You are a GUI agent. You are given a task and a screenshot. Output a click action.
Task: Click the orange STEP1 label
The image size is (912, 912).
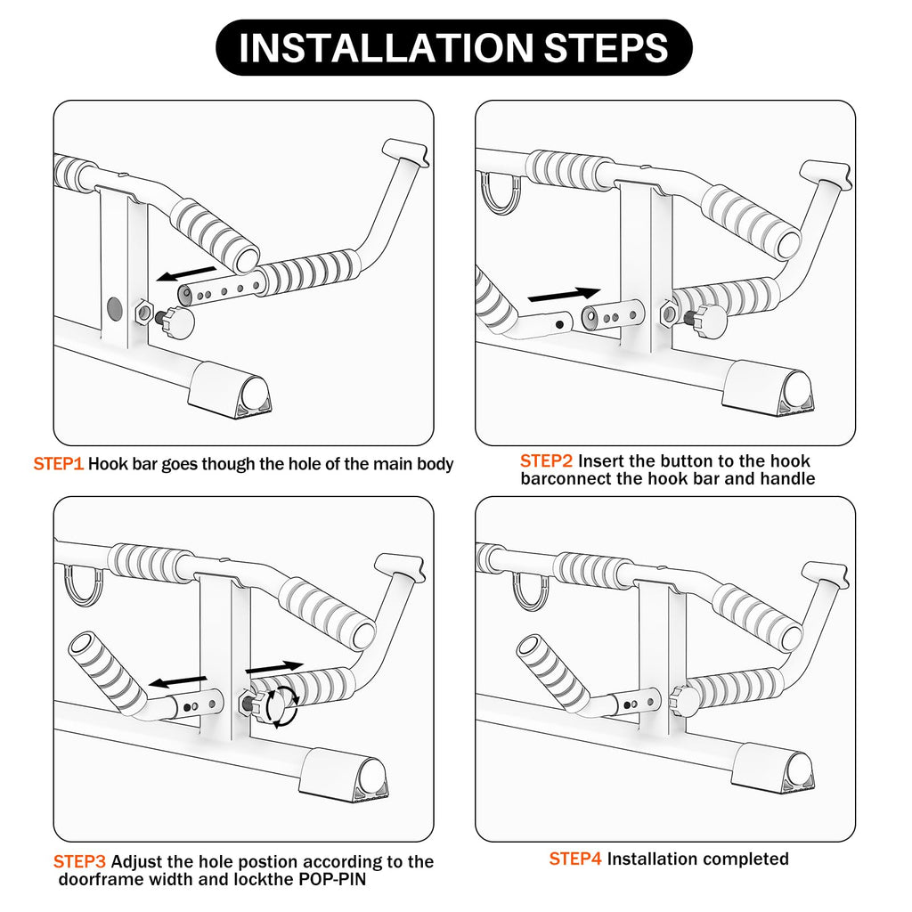click(x=58, y=464)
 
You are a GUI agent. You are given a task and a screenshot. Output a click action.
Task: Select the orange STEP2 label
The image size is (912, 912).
click(x=546, y=461)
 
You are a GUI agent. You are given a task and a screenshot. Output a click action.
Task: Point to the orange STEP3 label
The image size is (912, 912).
click(x=79, y=862)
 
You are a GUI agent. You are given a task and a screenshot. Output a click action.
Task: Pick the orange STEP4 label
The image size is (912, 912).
click(x=574, y=859)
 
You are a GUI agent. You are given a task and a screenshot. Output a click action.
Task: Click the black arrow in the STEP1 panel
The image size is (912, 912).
click(x=186, y=272)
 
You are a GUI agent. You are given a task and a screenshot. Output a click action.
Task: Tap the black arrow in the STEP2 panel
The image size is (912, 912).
click(x=563, y=294)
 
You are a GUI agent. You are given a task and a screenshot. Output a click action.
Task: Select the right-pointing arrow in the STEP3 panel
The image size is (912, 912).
click(x=274, y=666)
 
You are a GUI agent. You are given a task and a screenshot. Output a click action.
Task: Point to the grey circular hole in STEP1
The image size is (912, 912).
click(x=115, y=309)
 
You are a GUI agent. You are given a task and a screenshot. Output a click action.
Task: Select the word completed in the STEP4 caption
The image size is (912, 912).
click(x=745, y=859)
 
